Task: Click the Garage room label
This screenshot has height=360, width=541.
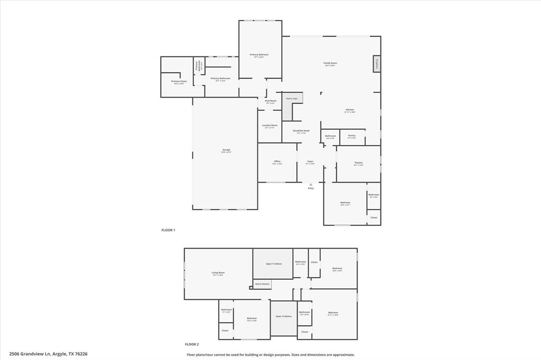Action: [x=226, y=150]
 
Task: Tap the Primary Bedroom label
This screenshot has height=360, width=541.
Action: [x=259, y=55]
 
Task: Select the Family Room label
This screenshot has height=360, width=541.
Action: [x=330, y=63]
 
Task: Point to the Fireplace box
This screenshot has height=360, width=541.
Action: [x=377, y=64]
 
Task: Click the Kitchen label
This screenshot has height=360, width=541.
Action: [x=350, y=110]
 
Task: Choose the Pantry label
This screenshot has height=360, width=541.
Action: [x=351, y=136]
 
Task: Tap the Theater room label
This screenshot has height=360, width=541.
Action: [x=358, y=163]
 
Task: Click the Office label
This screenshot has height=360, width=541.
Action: [x=277, y=162]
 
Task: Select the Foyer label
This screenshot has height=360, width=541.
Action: [x=310, y=162]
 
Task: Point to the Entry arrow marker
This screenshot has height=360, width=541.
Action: [x=311, y=184]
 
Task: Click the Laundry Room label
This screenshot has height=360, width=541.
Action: [x=269, y=126]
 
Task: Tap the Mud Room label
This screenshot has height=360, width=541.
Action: [x=270, y=101]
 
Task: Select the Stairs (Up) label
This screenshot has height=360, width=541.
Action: [x=292, y=99]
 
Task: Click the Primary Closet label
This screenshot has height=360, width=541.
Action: [x=179, y=81]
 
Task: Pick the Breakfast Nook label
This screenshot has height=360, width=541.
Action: [x=301, y=131]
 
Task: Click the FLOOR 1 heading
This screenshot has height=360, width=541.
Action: [x=168, y=230]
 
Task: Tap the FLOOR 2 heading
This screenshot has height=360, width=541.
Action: [x=192, y=344]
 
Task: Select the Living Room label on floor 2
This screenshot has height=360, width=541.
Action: [x=218, y=273]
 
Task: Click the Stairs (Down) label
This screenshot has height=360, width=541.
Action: [x=263, y=284]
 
